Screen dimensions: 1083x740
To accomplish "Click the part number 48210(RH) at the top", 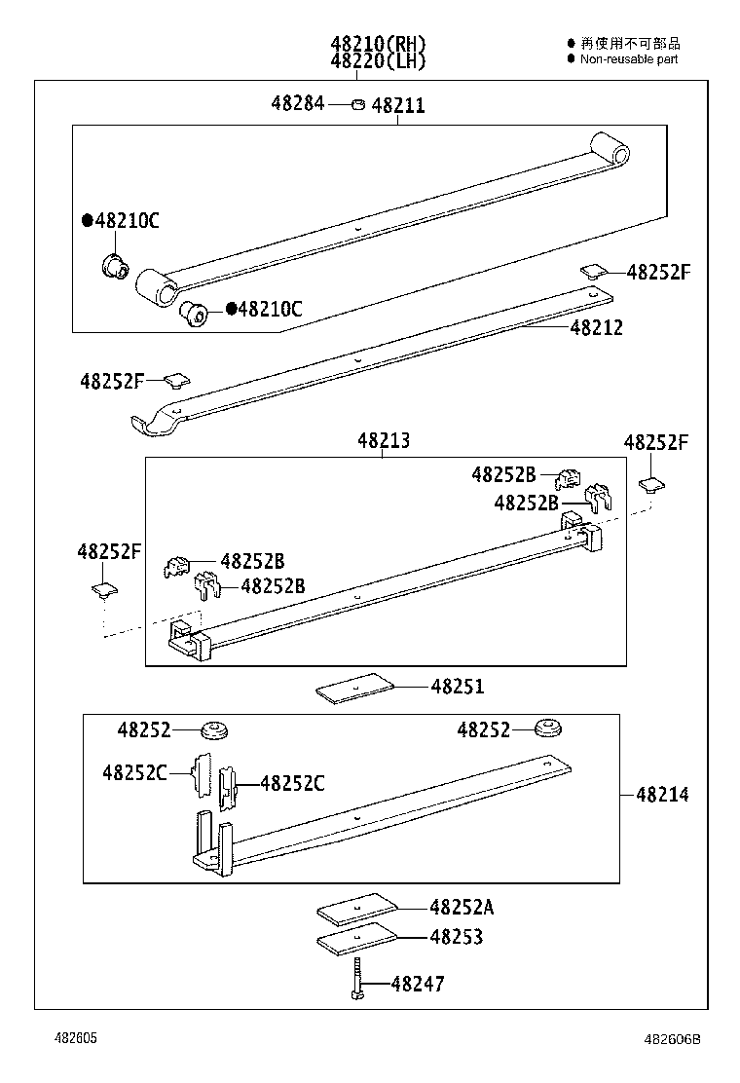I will click(x=378, y=43).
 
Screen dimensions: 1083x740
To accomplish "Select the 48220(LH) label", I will click(x=378, y=60).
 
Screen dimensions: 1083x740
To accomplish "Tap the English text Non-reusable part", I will click(x=629, y=59).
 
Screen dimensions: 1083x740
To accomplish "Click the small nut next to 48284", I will click(x=357, y=104).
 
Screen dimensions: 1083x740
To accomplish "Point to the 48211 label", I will click(x=398, y=105).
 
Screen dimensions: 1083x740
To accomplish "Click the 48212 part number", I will click(x=597, y=328).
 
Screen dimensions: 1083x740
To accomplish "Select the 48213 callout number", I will click(x=383, y=440).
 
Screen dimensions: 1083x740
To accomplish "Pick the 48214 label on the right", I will click(x=662, y=795).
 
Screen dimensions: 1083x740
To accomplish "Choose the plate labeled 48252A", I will click(x=357, y=910).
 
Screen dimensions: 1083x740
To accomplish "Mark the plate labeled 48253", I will click(x=357, y=939).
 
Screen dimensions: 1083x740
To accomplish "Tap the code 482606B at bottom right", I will click(x=672, y=1039).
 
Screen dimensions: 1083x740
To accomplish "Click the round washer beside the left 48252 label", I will click(x=213, y=729).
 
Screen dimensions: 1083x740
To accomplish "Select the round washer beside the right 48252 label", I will click(x=551, y=728).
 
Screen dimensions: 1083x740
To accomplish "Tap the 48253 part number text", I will click(x=457, y=937).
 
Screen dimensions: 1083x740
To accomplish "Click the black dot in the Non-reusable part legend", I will click(x=572, y=58).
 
